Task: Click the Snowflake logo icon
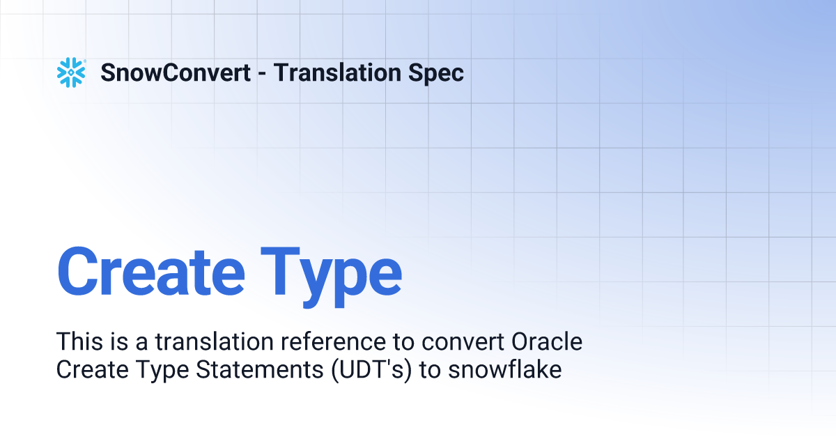70,72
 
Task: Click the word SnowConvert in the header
176,72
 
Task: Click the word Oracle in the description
547,342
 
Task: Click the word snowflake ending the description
505,369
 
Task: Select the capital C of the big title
80,270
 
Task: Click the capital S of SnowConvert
108,72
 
